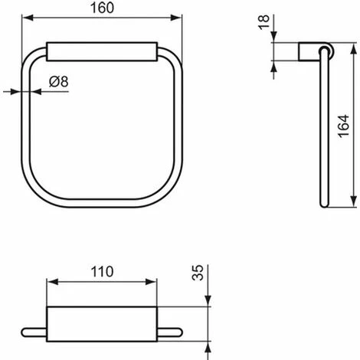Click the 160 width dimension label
(x=102, y=8)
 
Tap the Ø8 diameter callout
(x=59, y=82)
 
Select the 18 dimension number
(x=264, y=22)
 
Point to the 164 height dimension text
(x=344, y=126)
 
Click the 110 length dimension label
(x=102, y=272)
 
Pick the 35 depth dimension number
(x=198, y=273)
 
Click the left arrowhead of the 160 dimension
(x=28, y=18)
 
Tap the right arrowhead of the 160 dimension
(x=176, y=18)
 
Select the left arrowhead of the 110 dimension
(x=53, y=282)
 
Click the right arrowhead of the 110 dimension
(x=151, y=282)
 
